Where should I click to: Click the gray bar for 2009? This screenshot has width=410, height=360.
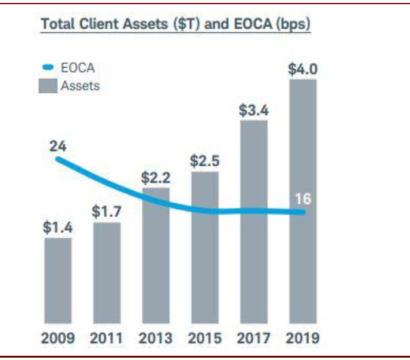point(58,280)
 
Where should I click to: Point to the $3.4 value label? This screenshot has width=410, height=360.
point(254,111)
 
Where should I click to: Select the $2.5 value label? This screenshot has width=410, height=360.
point(205,162)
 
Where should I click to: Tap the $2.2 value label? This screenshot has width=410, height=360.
point(156,178)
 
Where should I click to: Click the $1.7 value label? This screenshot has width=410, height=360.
point(107,212)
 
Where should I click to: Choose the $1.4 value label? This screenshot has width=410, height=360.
point(58,228)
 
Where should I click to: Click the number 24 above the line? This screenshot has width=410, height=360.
point(57,145)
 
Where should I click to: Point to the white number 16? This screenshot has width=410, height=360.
point(302,199)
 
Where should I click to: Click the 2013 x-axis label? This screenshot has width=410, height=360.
point(156,338)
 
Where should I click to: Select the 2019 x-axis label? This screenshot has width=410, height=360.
point(303,338)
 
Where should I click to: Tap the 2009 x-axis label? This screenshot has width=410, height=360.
point(58,338)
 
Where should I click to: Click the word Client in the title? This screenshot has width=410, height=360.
point(100,26)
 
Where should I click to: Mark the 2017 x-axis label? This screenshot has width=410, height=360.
point(254,338)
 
